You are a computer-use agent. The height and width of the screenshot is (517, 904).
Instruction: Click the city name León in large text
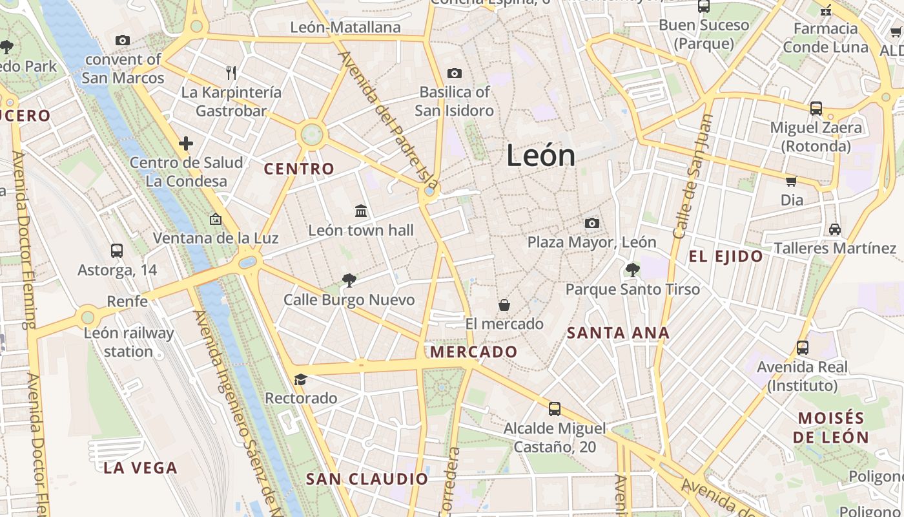(540, 156)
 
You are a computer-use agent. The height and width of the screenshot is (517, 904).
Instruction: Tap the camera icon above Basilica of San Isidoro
(455, 73)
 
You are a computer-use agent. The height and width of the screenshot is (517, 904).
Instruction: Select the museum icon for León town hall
(361, 211)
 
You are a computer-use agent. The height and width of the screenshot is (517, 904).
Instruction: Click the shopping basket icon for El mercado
(504, 304)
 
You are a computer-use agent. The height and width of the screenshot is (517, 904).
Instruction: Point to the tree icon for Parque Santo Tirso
(633, 269)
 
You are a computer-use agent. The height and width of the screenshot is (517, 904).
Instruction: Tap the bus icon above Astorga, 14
(117, 250)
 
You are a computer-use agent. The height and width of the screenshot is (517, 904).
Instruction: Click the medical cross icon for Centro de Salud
(186, 143)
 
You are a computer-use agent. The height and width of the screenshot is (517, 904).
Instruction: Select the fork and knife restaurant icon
(231, 72)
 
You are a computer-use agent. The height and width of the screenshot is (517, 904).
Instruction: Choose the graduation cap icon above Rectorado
(300, 379)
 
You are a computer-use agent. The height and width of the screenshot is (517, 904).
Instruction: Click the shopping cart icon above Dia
(791, 181)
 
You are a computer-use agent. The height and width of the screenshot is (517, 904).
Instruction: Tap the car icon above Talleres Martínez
(834, 229)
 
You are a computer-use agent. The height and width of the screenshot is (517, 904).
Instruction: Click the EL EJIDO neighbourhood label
(726, 257)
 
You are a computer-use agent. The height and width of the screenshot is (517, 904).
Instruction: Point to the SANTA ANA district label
(618, 333)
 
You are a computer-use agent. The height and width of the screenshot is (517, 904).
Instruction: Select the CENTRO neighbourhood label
(300, 169)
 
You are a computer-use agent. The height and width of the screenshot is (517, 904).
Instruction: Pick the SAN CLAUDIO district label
(367, 479)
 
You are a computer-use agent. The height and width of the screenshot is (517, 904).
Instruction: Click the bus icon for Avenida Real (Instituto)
(802, 348)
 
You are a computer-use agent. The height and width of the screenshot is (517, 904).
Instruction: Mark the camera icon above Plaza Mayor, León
(591, 223)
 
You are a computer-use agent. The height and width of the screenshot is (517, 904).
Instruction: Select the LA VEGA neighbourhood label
(140, 468)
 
